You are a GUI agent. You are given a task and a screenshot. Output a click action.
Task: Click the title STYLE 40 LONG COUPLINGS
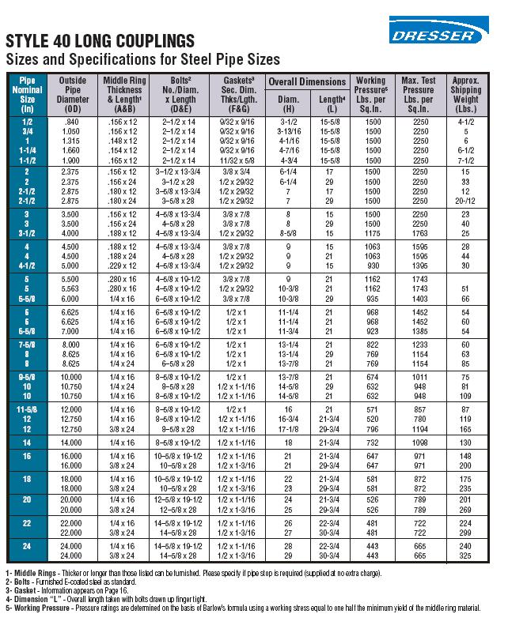click(x=100, y=41)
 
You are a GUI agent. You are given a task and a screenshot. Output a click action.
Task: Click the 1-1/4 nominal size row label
click(x=27, y=149)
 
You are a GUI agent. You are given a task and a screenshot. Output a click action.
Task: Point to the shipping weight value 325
click(x=466, y=555)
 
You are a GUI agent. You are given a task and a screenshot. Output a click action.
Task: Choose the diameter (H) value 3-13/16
click(x=288, y=132)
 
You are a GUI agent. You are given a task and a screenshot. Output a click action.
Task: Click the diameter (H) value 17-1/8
click(x=288, y=427)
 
